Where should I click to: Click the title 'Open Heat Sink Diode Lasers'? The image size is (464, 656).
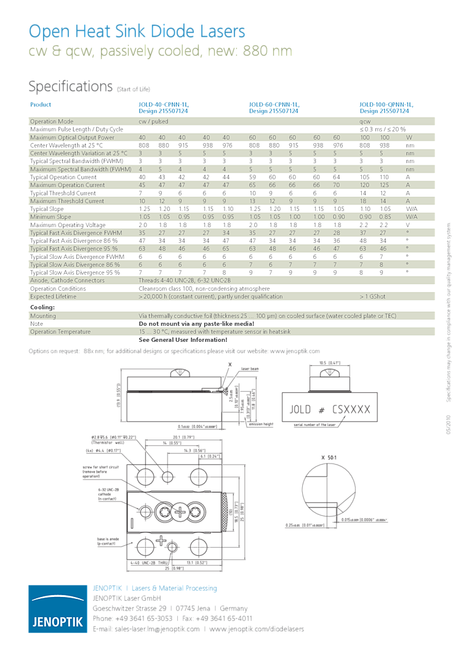pyautogui.click(x=137, y=31)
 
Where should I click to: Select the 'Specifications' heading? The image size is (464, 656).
pyautogui.click(x=71, y=86)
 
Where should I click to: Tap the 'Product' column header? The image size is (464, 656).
pyautogui.click(x=41, y=105)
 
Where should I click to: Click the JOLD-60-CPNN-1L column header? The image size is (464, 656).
pyautogui.click(x=274, y=108)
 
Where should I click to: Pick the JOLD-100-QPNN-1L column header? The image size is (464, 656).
pyautogui.click(x=386, y=108)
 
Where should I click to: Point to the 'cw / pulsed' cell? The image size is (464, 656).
pyautogui.click(x=153, y=122)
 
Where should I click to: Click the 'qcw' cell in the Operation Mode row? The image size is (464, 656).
pyautogui.click(x=366, y=122)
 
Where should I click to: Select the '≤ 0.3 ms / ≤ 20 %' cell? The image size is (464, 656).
pyautogui.click(x=382, y=130)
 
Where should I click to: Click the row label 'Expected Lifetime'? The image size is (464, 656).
pyautogui.click(x=54, y=296)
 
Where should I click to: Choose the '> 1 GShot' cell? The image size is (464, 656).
pyautogui.click(x=373, y=296)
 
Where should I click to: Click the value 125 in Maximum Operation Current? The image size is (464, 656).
pyautogui.click(x=385, y=185)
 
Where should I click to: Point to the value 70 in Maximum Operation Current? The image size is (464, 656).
pyautogui.click(x=337, y=185)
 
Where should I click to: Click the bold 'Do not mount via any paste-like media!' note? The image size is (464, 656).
pyautogui.click(x=196, y=323)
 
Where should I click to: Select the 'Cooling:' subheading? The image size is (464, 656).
pyautogui.click(x=42, y=307)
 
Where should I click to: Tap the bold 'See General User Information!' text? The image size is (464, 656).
pyautogui.click(x=183, y=339)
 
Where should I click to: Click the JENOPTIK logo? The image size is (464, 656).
pyautogui.click(x=57, y=608)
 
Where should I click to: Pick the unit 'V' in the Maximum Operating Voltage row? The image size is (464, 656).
pyautogui.click(x=407, y=225)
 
